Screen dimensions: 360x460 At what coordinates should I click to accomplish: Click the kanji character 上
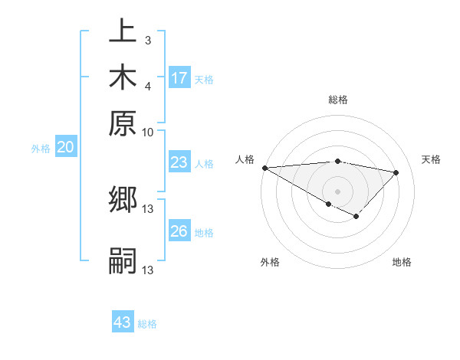pyautogui.click(x=123, y=32)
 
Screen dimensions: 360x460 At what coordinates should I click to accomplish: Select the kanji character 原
pyautogui.click(x=123, y=123)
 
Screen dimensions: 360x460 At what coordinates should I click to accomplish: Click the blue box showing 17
pyautogui.click(x=179, y=78)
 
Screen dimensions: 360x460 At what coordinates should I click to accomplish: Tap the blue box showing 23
pyautogui.click(x=179, y=162)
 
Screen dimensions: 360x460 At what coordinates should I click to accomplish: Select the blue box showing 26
pyautogui.click(x=179, y=231)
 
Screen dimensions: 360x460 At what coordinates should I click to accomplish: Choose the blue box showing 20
pyautogui.click(x=65, y=149)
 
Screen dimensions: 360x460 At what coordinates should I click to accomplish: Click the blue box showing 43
pyautogui.click(x=123, y=322)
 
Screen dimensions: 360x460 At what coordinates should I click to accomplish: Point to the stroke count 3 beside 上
pyautogui.click(x=148, y=38)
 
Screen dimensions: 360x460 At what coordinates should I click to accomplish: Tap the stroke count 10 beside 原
pyautogui.click(x=148, y=131)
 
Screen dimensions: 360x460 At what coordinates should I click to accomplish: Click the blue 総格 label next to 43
pyautogui.click(x=147, y=324)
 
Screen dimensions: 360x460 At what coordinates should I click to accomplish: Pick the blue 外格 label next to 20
pyautogui.click(x=41, y=149)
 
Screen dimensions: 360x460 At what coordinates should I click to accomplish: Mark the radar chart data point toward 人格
pyautogui.click(x=264, y=168)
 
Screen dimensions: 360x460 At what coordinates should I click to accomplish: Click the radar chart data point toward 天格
pyautogui.click(x=396, y=172)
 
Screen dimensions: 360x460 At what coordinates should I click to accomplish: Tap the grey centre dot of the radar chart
pyautogui.click(x=337, y=191)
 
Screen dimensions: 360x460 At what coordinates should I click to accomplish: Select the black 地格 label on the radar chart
pyautogui.click(x=402, y=263)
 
